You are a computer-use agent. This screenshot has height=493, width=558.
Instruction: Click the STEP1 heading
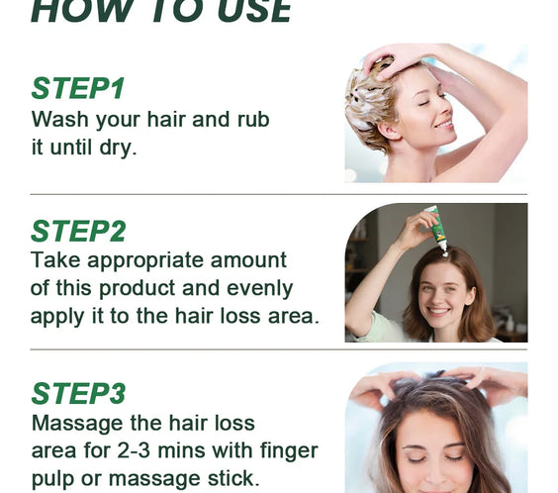[77, 88]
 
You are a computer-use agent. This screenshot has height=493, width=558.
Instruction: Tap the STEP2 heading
[78, 231]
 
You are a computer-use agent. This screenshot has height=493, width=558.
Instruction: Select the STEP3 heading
[78, 393]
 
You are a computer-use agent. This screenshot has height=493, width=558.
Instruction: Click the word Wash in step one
[58, 120]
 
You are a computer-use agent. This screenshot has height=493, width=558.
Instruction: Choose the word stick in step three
[234, 478]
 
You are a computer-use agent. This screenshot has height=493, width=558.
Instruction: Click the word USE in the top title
[247, 10]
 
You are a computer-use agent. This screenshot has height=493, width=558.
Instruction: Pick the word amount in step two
[253, 260]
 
